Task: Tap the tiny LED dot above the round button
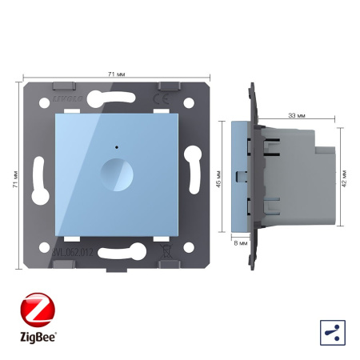coord(118,148)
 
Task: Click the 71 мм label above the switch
coord(116,74)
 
